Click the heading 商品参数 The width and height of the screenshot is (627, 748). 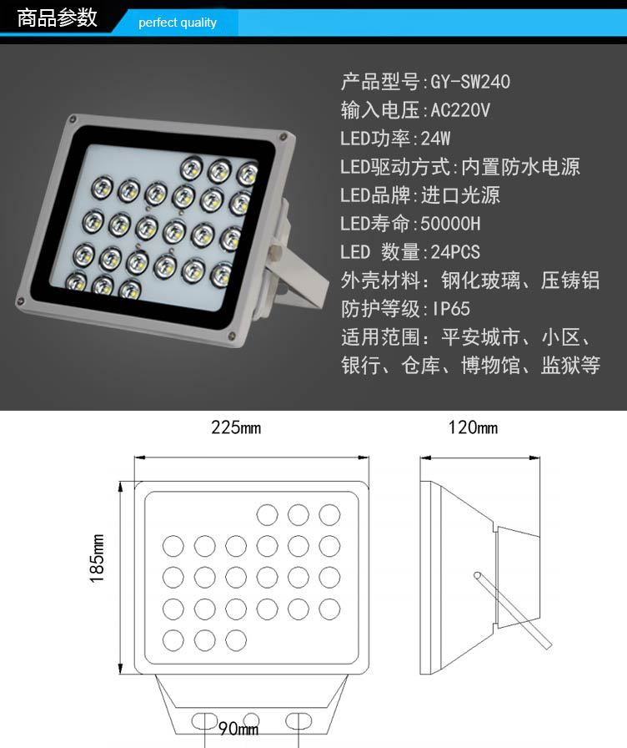[x=58, y=18]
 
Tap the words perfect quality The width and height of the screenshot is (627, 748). [x=178, y=23]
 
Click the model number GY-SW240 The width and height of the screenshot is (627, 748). [x=470, y=82]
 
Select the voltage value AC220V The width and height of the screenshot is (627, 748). [x=460, y=110]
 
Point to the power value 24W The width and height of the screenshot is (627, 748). [x=435, y=139]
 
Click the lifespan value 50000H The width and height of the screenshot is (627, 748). [x=451, y=223]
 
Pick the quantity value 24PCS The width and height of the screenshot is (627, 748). [x=455, y=252]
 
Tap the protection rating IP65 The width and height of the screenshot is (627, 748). [x=451, y=309]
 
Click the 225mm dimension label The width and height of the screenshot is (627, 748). [x=236, y=427]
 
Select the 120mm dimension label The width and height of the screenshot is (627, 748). [x=473, y=427]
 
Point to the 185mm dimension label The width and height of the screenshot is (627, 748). [x=97, y=558]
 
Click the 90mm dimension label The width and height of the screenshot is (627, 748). [x=238, y=729]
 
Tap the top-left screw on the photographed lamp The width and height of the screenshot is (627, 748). [x=73, y=119]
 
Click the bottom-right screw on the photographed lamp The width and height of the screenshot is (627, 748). [x=232, y=335]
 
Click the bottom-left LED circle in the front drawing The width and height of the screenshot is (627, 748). [x=173, y=640]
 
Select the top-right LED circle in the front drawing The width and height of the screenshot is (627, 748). [x=329, y=515]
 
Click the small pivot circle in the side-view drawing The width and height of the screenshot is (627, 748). [x=478, y=575]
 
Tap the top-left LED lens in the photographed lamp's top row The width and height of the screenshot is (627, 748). [x=192, y=168]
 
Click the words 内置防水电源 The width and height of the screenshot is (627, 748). [x=521, y=167]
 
